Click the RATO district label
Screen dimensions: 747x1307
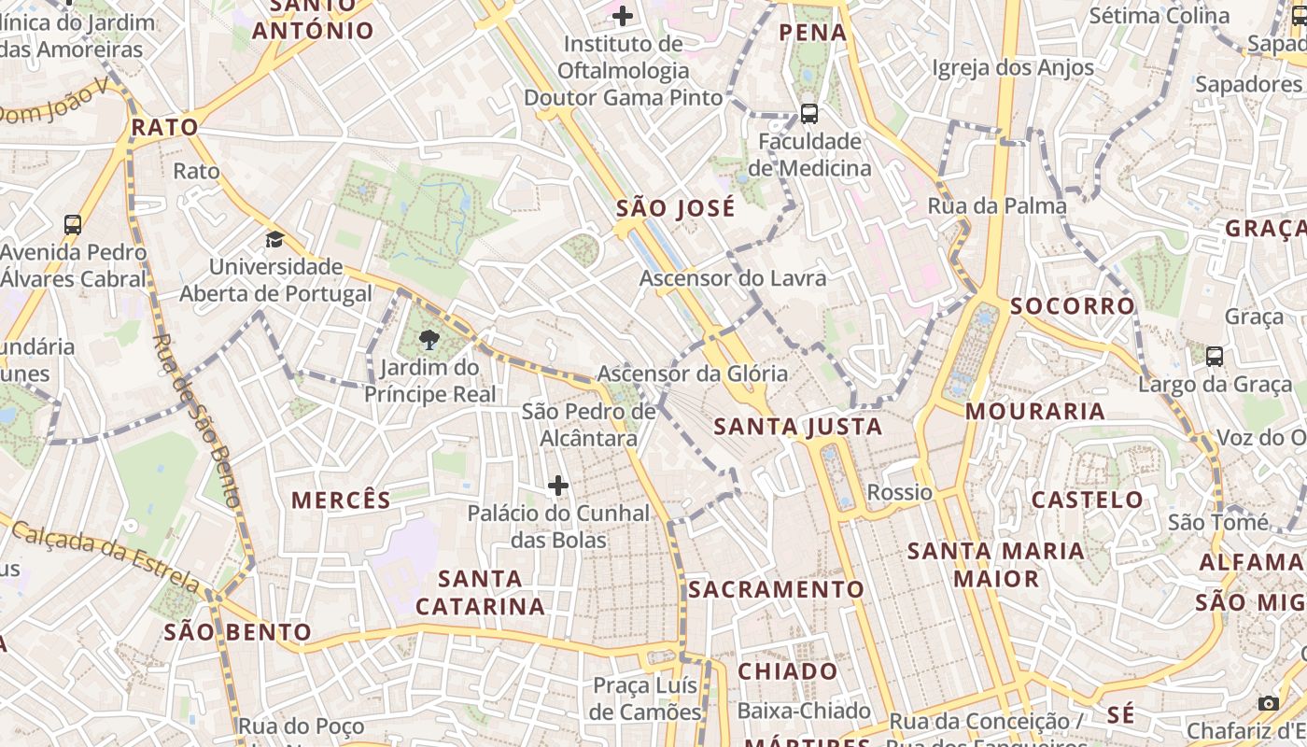(x=164, y=127)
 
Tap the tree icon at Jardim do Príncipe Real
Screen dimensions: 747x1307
(x=429, y=339)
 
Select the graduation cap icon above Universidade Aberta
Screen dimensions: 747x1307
(x=274, y=240)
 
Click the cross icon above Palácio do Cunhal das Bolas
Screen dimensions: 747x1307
(x=558, y=486)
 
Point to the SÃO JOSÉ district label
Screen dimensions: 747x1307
(x=676, y=208)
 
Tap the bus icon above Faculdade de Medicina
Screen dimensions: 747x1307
(x=809, y=114)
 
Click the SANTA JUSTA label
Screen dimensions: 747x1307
(x=798, y=428)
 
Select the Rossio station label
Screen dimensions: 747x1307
(x=900, y=492)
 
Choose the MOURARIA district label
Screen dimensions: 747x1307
(x=1035, y=411)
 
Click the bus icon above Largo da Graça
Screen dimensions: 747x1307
(x=1214, y=356)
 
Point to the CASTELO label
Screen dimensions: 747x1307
(x=1088, y=500)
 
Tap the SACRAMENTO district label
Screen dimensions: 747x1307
(x=777, y=589)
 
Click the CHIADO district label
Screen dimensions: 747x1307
(x=788, y=671)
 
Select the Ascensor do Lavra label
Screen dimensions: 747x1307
(x=733, y=278)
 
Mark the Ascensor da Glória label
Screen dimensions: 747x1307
(x=693, y=373)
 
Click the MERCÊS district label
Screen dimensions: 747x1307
(x=342, y=500)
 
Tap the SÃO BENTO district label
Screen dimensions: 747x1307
(x=238, y=632)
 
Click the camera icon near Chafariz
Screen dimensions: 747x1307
(x=1268, y=702)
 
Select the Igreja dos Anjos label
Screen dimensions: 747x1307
(x=1013, y=67)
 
